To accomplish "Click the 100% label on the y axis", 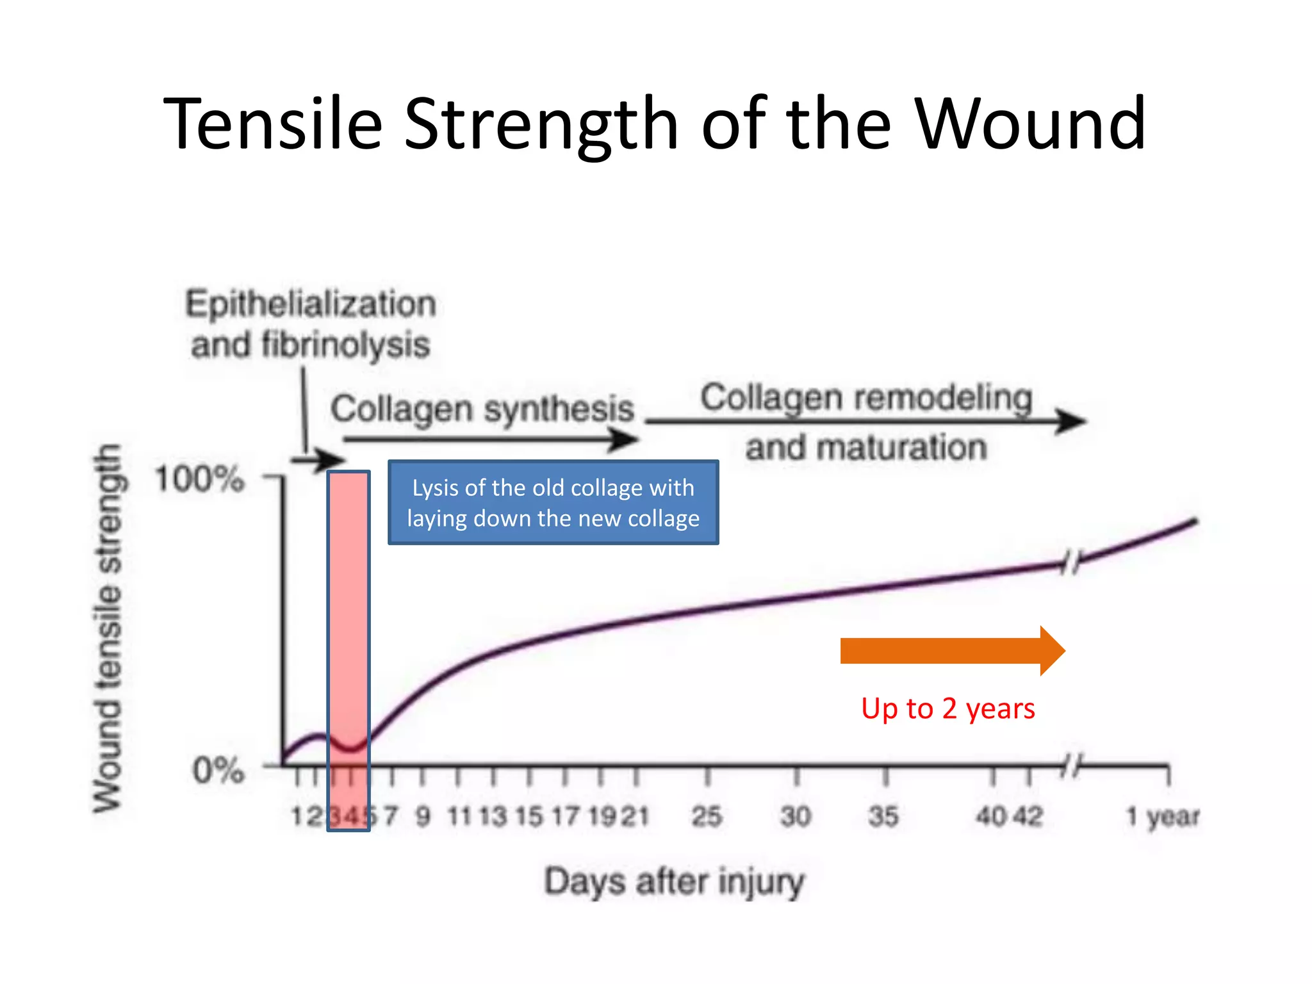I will [x=199, y=479].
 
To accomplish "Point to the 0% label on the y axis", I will [x=218, y=769].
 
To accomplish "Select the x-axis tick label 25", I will [x=707, y=816].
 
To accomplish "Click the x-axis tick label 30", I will [x=796, y=816].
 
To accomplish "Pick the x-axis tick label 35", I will [x=883, y=816].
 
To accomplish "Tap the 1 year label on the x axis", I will [x=1162, y=816].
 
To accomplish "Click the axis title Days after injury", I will [x=674, y=881].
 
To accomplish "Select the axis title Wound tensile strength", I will [x=107, y=628].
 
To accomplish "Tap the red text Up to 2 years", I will [x=947, y=709].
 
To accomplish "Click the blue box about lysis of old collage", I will [x=553, y=502].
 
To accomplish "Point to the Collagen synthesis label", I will [x=482, y=409].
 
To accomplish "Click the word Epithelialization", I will [x=311, y=304].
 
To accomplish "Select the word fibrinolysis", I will [x=345, y=345].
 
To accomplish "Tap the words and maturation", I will [x=865, y=447].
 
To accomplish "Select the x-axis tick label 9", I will [x=423, y=816].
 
